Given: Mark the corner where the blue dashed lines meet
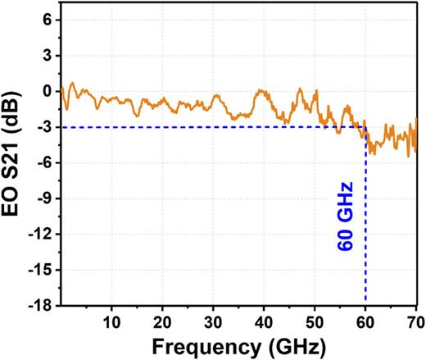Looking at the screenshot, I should click(365, 127).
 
